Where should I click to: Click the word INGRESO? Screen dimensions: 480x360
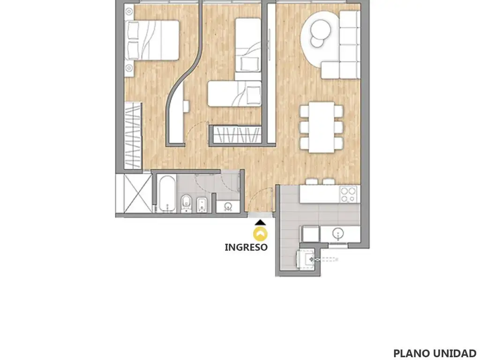[x=246, y=247]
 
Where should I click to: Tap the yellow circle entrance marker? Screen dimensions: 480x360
[x=260, y=234]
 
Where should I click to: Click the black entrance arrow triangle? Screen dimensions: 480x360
[x=260, y=223]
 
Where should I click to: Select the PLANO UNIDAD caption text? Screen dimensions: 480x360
[x=435, y=353]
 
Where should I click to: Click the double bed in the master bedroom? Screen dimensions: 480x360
[x=152, y=40]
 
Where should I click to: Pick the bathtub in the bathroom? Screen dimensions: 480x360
[x=166, y=194]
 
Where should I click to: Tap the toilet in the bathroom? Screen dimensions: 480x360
[x=186, y=203]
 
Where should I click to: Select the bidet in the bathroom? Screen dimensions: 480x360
[x=202, y=205]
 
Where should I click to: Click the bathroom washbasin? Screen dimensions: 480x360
[x=228, y=207]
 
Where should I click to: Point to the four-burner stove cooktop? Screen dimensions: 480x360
[x=349, y=195]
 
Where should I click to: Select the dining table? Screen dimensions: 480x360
[x=321, y=127]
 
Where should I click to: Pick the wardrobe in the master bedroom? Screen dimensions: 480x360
[x=133, y=135]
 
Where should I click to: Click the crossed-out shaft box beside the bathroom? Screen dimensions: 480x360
[x=134, y=193]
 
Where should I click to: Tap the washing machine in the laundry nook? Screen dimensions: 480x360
[x=306, y=258]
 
